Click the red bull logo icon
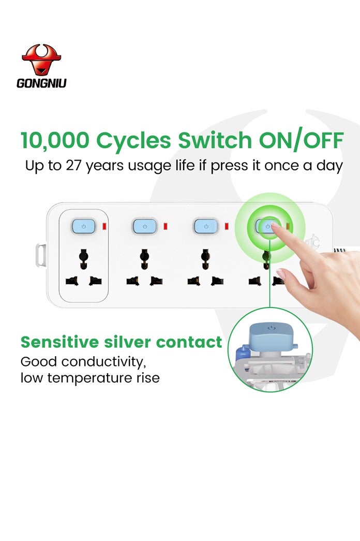(41, 60)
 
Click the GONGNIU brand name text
(41, 83)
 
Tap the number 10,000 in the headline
(55, 140)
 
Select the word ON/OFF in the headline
(301, 140)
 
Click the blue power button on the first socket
(83, 226)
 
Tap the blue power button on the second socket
(145, 226)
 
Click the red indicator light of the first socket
(104, 226)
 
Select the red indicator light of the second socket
(166, 226)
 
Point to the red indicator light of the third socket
(227, 226)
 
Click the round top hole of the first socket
(83, 257)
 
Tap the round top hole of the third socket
(205, 257)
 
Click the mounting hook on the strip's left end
(41, 255)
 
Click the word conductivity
(104, 362)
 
